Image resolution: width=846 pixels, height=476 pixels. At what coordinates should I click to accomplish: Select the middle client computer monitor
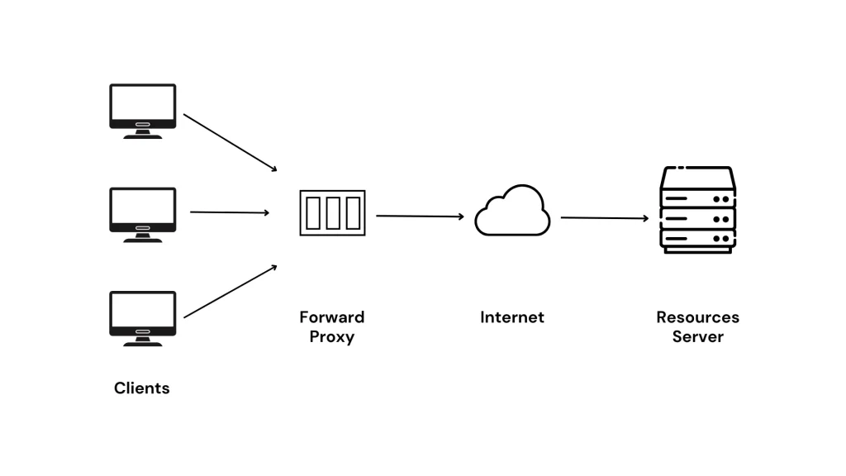click(143, 212)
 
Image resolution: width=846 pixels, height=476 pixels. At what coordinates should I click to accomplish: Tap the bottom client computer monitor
click(143, 316)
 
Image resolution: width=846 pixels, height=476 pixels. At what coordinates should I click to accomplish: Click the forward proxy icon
click(332, 213)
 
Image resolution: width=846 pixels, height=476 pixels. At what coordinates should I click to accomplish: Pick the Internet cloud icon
click(512, 212)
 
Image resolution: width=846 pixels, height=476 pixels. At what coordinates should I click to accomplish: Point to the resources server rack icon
click(697, 211)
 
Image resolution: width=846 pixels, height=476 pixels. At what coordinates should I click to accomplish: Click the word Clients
click(142, 388)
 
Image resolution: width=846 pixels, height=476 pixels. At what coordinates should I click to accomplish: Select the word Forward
click(331, 317)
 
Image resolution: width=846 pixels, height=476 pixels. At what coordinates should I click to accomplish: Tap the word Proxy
click(331, 337)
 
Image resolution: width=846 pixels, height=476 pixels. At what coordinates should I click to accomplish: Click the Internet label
click(512, 317)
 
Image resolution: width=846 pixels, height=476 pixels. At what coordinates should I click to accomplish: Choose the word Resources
click(697, 317)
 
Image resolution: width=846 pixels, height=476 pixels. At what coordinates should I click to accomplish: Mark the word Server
click(697, 337)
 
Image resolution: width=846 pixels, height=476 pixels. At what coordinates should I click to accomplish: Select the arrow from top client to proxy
click(230, 142)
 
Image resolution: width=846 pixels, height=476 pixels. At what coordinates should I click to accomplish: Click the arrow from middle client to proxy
click(230, 212)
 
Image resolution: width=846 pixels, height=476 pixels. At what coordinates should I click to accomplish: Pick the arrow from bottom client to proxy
click(230, 292)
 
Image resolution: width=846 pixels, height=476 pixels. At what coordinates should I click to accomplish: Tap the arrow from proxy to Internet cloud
click(420, 217)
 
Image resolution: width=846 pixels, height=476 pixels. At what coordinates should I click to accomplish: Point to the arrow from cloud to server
click(604, 218)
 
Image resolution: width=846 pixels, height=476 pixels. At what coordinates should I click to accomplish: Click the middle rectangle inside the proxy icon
click(332, 213)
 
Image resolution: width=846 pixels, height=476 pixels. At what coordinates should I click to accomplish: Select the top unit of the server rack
click(697, 198)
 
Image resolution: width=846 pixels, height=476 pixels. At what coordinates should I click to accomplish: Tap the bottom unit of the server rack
click(697, 240)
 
